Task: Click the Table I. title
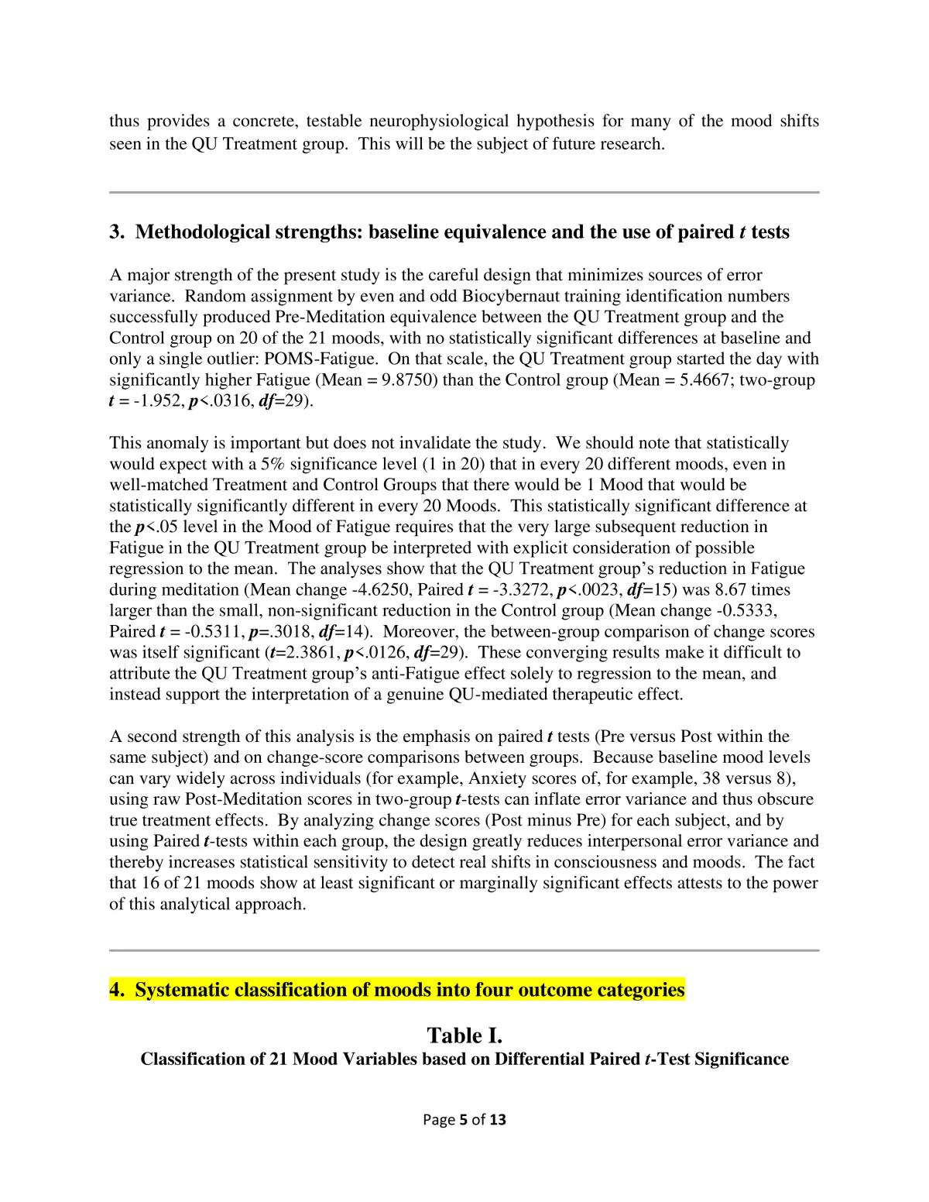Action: tap(464, 1035)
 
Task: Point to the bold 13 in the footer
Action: tap(498, 1119)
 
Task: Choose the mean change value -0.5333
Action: tap(746, 610)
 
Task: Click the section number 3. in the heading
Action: tap(117, 232)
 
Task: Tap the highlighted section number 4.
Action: tap(117, 990)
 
